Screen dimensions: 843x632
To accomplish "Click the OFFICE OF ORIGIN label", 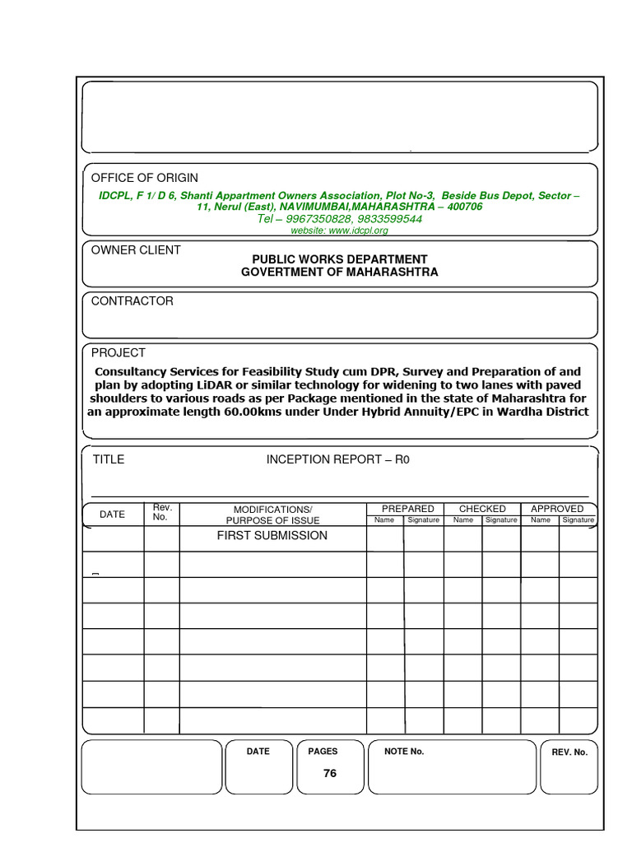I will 144,178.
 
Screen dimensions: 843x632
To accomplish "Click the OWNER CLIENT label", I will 136,250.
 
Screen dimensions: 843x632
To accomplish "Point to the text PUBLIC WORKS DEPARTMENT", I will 339,259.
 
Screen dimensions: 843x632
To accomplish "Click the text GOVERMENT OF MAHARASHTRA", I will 339,272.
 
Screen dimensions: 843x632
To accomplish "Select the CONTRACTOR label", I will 132,301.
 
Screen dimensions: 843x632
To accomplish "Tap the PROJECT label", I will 118,352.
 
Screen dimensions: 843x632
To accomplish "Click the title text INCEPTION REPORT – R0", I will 337,459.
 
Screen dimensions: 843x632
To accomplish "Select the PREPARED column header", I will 407,509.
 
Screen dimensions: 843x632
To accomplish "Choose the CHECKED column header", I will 482,509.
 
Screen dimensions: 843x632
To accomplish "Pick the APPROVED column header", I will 557,509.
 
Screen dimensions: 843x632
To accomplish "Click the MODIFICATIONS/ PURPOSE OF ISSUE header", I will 272,515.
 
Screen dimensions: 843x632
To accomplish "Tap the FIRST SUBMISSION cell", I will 272,536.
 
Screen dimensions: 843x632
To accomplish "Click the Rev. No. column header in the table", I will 161,512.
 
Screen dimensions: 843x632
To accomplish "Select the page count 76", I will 330,773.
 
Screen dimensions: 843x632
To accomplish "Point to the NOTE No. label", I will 404,752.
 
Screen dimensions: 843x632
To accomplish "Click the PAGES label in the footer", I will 323,752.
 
